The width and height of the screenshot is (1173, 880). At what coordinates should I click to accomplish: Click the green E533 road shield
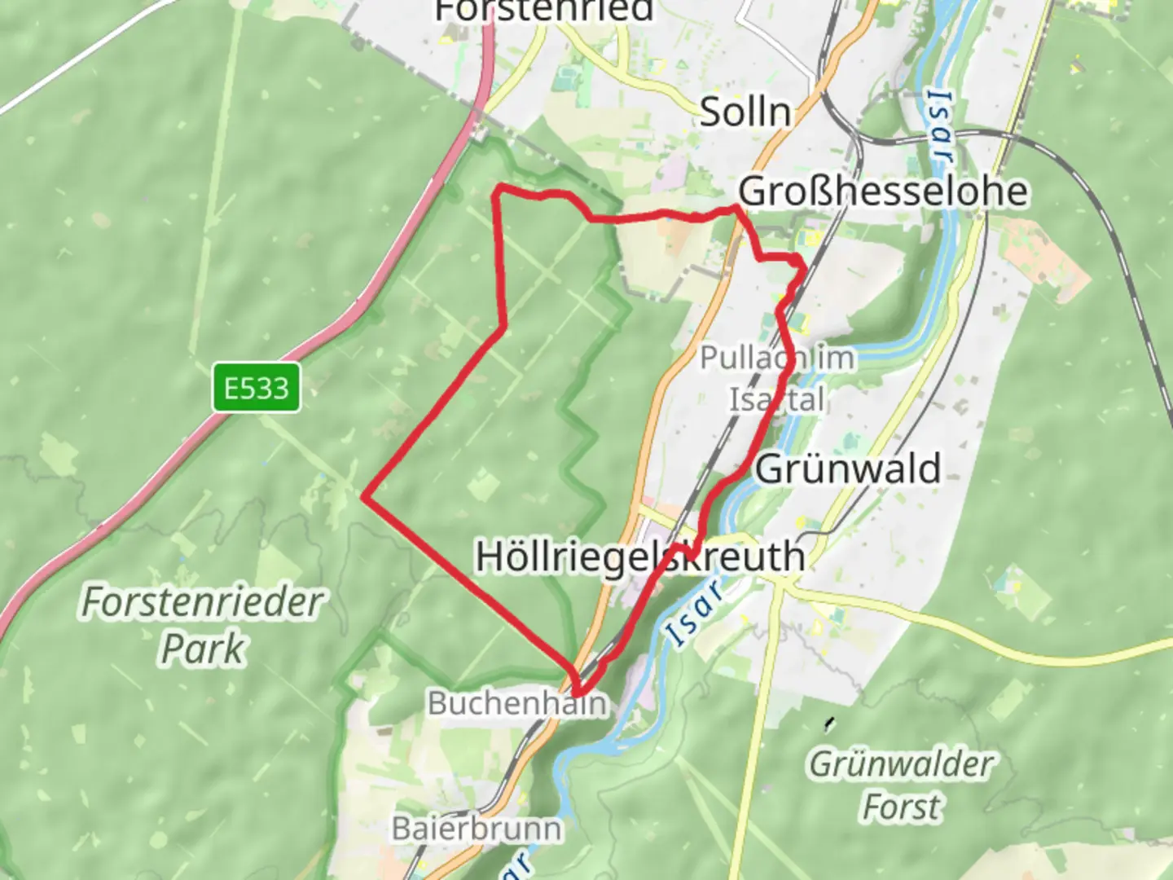coord(257,388)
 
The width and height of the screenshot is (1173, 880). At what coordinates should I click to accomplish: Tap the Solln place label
coord(745,112)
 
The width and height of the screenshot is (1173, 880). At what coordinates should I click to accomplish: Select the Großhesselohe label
coord(883,191)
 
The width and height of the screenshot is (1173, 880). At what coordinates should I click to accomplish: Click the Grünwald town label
coord(848,469)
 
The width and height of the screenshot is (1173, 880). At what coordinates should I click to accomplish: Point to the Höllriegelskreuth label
coord(640,557)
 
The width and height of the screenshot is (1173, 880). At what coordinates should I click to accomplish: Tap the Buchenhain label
coord(518,702)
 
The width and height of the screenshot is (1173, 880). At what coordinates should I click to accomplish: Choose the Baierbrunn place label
coord(477,829)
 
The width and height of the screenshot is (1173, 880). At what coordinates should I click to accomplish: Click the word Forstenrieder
coord(203,603)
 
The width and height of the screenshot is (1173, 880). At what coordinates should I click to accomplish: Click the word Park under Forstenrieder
coord(203,649)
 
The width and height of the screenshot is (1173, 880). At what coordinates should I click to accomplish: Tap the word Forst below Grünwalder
coord(902,807)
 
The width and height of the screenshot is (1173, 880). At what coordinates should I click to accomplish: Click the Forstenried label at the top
coord(544,11)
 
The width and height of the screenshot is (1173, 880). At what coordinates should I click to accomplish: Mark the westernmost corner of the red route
coord(364,496)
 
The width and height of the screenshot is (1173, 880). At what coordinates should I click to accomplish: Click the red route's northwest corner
coord(499,190)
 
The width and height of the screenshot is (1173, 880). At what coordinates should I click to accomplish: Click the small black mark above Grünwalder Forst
coord(829,722)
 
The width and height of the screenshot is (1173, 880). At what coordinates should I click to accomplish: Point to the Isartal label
coord(776,399)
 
